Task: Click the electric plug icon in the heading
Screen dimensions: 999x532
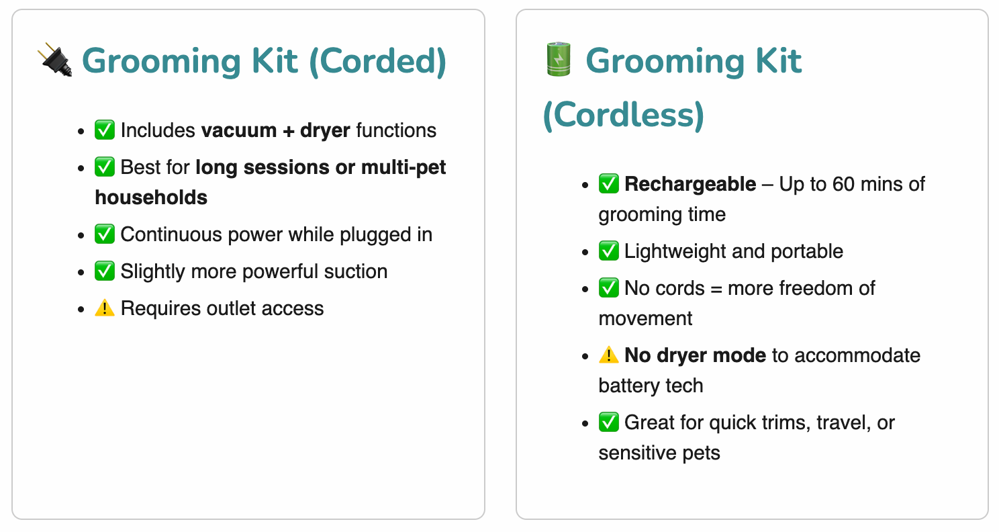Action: pyautogui.click(x=55, y=60)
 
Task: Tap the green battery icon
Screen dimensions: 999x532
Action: pyautogui.click(x=559, y=59)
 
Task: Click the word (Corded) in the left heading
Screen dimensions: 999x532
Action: pyautogui.click(x=377, y=62)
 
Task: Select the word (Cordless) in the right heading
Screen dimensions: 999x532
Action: pyautogui.click(x=624, y=115)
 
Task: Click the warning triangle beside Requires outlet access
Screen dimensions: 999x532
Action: pyautogui.click(x=105, y=308)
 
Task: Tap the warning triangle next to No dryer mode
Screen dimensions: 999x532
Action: pyautogui.click(x=609, y=355)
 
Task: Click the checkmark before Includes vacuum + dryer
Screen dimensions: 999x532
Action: pyautogui.click(x=105, y=130)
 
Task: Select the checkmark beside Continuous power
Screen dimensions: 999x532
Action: pyautogui.click(x=105, y=234)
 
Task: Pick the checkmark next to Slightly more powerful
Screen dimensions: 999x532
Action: pyautogui.click(x=105, y=271)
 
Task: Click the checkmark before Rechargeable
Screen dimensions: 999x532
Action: pyautogui.click(x=609, y=184)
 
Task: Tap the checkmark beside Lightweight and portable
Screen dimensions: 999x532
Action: pyautogui.click(x=609, y=251)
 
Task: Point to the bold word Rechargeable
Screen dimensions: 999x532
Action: pyautogui.click(x=690, y=184)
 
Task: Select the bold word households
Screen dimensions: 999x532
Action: pyautogui.click(x=151, y=197)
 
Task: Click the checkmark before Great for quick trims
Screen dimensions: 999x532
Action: pyautogui.click(x=609, y=423)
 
